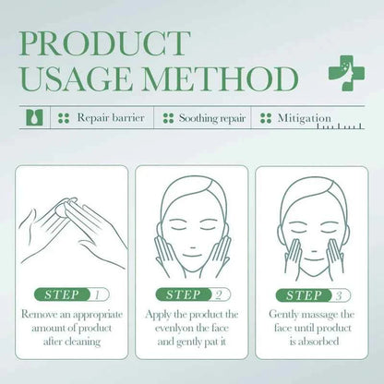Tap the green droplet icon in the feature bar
[34, 119]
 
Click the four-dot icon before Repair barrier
[64, 119]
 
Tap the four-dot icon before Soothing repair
[169, 119]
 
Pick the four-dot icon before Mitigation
[267, 119]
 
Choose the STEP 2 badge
[192, 295]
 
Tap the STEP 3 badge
[312, 295]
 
